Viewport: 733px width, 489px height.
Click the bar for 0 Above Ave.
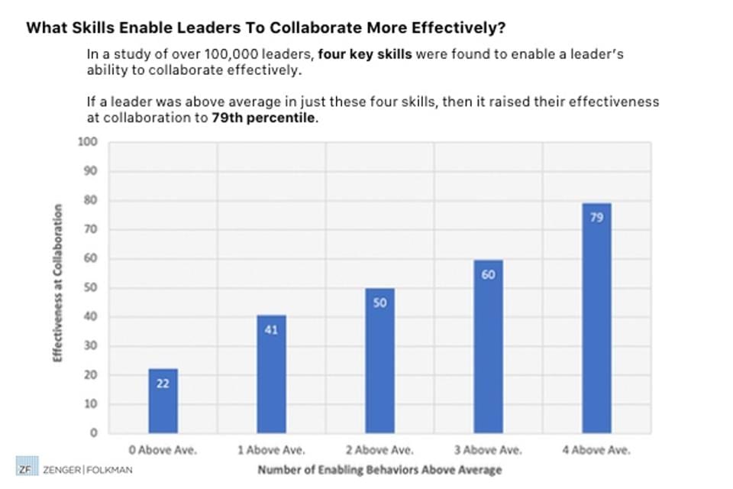click(163, 401)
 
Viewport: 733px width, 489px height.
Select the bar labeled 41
click(271, 374)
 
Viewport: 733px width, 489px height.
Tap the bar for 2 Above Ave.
click(379, 361)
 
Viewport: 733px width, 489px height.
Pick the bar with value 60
click(488, 347)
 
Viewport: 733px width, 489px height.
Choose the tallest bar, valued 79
click(596, 318)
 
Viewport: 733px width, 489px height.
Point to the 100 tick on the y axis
click(89, 142)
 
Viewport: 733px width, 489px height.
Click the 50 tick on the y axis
click(91, 288)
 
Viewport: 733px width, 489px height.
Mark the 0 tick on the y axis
click(94, 433)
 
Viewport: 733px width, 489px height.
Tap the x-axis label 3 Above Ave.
click(488, 450)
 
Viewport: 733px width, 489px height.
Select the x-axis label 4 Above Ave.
click(596, 450)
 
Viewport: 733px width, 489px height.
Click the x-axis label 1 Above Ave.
click(271, 450)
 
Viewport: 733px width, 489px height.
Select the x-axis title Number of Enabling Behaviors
click(379, 469)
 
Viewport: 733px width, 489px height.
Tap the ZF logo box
click(26, 469)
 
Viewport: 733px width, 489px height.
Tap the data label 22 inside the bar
click(163, 384)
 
